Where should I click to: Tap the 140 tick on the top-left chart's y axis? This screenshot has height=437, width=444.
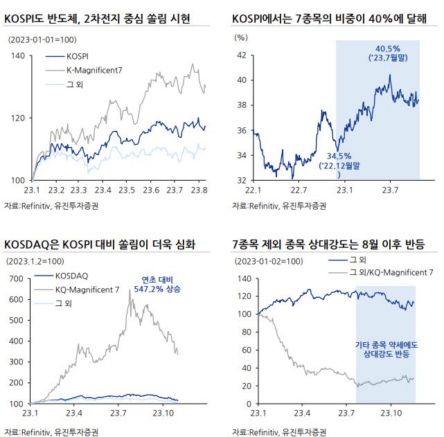(x=15, y=55)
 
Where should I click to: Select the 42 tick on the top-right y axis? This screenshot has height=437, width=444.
(x=241, y=55)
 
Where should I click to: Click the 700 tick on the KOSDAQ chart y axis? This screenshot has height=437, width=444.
(x=15, y=279)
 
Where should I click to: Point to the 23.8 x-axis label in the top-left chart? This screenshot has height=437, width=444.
(x=199, y=190)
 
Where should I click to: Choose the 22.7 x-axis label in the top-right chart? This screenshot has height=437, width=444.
(x=299, y=190)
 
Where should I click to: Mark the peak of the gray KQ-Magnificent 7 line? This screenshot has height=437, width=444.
(x=129, y=290)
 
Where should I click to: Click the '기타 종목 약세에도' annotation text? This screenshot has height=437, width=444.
(x=384, y=344)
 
